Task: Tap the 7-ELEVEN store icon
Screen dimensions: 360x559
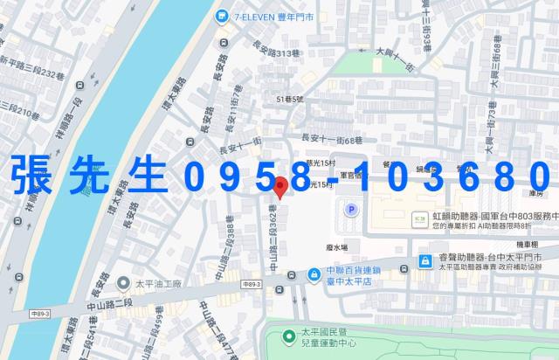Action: pos(224,16)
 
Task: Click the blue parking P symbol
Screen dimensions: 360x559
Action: pos(352,210)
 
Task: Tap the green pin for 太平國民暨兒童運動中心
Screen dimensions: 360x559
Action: pos(288,336)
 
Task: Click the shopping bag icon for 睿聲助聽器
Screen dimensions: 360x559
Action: pos(424,260)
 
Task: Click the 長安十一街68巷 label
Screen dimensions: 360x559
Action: pos(332,139)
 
